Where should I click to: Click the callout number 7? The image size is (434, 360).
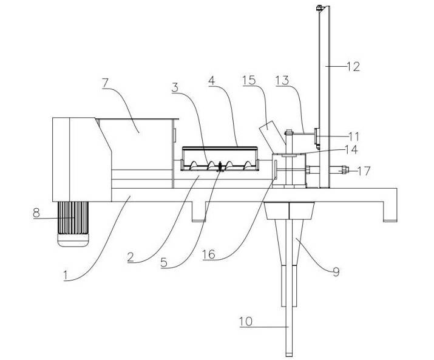click(106, 83)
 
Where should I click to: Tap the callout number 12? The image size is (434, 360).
click(353, 66)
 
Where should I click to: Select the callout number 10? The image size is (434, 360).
click(246, 322)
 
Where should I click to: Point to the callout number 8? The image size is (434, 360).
click(36, 213)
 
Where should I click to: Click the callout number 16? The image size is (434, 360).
click(209, 254)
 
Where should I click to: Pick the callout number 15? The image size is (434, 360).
click(249, 80)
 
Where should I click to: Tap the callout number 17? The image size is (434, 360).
click(364, 171)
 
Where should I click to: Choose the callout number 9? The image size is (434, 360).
click(336, 271)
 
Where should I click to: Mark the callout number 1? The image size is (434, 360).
click(66, 275)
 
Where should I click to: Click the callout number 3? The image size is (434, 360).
click(175, 87)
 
